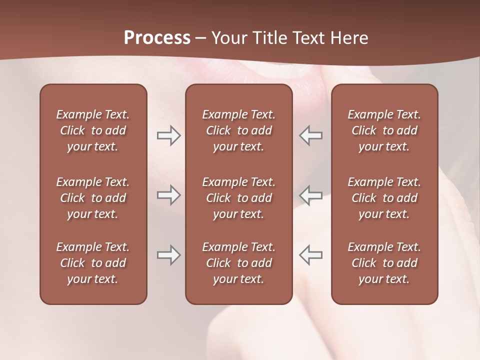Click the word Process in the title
(x=157, y=38)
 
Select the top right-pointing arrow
(x=168, y=135)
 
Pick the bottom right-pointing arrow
(x=168, y=255)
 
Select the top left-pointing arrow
(x=311, y=135)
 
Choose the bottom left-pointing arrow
(x=311, y=255)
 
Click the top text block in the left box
(x=93, y=130)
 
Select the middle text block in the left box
(x=93, y=198)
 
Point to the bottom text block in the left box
(x=93, y=263)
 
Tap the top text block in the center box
(x=239, y=130)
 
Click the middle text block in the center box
(x=239, y=198)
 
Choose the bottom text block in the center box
(x=239, y=263)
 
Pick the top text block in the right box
(x=384, y=130)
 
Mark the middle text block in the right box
(x=384, y=198)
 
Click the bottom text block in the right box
(x=384, y=263)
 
